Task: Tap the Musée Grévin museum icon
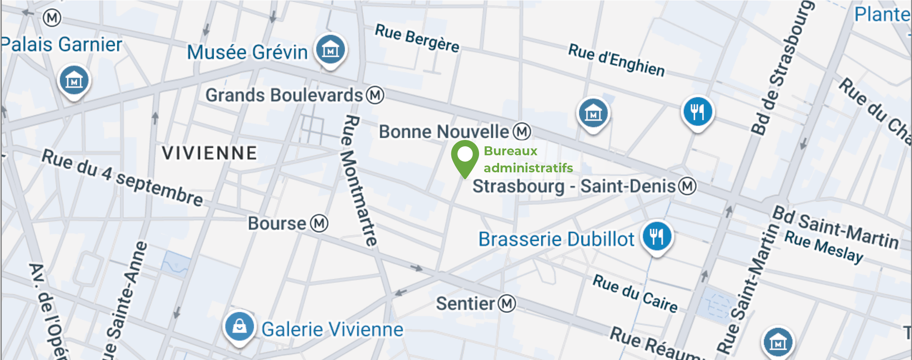coord(330,50)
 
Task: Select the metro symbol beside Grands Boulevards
coord(375,95)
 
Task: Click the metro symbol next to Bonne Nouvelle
coord(522,132)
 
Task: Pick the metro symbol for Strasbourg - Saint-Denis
coord(687,186)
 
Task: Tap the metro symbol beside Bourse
coord(319,223)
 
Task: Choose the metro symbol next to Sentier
coord(507,304)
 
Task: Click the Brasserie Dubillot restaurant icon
coord(657,236)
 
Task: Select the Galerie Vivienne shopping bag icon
coord(239,327)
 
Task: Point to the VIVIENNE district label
coord(209,153)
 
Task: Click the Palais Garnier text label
coord(62,44)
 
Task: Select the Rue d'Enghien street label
coord(616,60)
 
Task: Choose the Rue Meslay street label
coord(824,246)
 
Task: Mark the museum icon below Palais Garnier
coord(74,80)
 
